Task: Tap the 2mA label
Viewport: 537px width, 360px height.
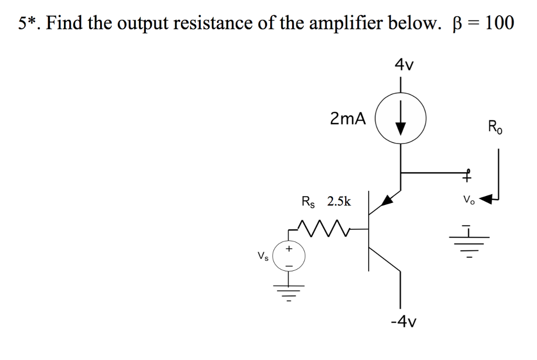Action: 348,119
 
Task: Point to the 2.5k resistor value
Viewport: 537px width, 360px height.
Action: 339,201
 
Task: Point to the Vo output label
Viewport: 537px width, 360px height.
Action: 468,200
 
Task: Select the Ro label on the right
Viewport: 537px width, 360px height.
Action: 495,128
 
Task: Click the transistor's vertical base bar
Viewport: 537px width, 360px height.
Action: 369,231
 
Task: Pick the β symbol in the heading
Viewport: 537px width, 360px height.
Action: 455,24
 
